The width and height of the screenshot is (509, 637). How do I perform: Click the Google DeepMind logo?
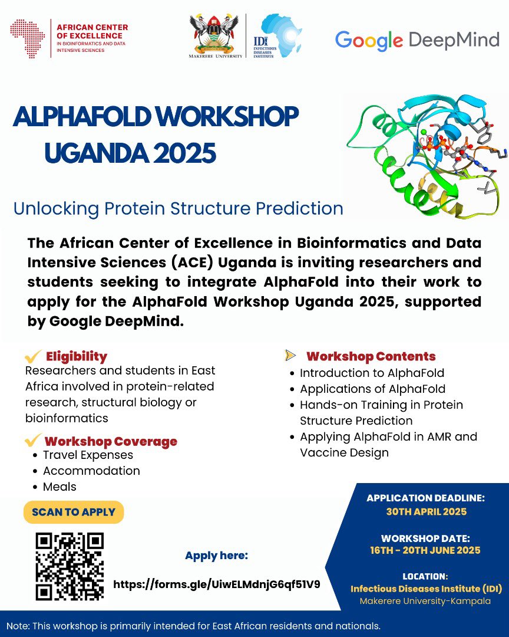coord(417,41)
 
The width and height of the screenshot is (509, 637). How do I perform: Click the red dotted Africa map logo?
coord(28,38)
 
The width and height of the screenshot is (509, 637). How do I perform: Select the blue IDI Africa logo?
coord(277,36)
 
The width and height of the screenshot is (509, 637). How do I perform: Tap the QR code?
coord(70,566)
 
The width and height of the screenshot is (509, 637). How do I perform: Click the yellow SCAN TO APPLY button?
coord(74,512)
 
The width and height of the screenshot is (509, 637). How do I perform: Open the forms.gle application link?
coord(217,585)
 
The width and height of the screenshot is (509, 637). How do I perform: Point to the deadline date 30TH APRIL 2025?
coord(426,511)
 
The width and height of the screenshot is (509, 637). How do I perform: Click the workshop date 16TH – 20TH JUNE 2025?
coord(425,550)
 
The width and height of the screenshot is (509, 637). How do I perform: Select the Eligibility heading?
coord(77,356)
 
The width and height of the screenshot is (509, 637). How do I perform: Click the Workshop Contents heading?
coord(371,356)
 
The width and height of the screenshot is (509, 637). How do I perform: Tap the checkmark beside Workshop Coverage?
coord(33,439)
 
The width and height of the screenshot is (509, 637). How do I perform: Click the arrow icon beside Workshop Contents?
coord(290,355)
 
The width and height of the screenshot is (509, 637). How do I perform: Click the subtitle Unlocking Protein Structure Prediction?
coord(178,209)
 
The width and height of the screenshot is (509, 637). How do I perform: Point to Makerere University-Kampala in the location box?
coord(425,601)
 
